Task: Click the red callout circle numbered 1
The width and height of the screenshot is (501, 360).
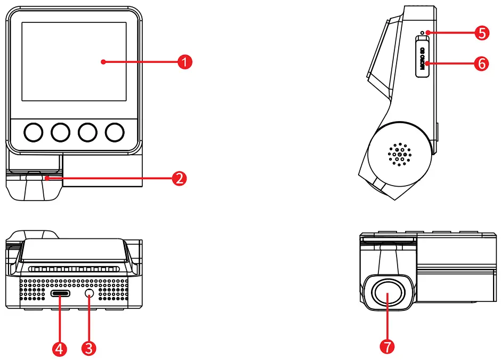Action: (184, 62)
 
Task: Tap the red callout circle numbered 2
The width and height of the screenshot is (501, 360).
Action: (180, 178)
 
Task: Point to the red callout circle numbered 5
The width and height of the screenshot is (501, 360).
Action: (481, 33)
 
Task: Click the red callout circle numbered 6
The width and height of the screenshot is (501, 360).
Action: (481, 64)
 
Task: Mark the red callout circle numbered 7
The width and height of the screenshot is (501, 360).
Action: (387, 346)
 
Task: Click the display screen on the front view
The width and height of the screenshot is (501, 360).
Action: (74, 61)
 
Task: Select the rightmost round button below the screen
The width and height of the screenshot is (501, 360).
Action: (114, 132)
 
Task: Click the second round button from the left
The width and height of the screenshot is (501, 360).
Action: (61, 132)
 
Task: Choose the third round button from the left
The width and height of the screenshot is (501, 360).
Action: (87, 132)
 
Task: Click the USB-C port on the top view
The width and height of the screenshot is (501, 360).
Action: (60, 294)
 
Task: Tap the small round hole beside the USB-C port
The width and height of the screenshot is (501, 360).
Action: (89, 294)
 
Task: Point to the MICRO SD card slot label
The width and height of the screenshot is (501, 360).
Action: (422, 57)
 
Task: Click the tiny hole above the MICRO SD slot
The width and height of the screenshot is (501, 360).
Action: (422, 33)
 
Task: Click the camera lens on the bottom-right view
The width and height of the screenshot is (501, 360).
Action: (387, 294)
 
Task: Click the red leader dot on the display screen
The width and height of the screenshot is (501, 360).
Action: (103, 62)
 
